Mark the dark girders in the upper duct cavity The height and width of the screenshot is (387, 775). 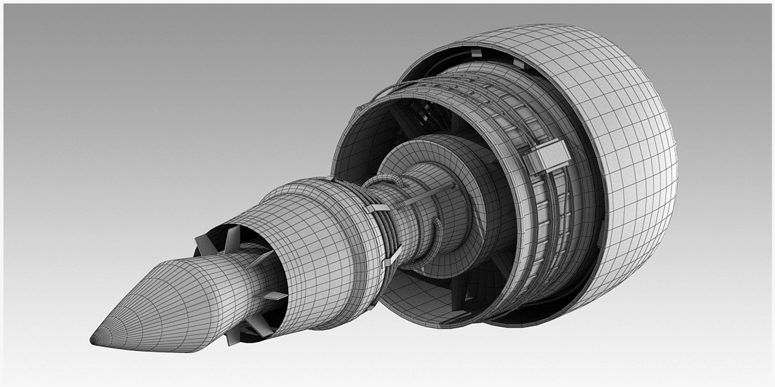[x=428, y=115]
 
